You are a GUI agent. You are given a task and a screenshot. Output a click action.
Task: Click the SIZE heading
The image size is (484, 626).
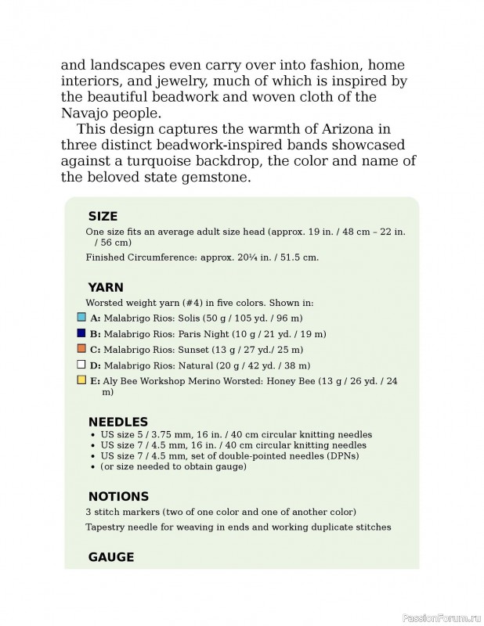click(103, 217)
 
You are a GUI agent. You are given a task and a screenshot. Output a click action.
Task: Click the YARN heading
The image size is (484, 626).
click(106, 287)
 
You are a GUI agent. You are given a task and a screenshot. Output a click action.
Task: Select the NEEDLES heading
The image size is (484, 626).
click(117, 422)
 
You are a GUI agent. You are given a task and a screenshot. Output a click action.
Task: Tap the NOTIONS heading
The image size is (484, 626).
click(118, 496)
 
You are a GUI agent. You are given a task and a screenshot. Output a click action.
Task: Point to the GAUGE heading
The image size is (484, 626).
click(111, 557)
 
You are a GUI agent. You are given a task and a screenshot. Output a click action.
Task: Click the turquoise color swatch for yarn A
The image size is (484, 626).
click(81, 318)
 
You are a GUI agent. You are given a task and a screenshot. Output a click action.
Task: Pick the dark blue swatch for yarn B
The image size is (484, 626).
click(81, 333)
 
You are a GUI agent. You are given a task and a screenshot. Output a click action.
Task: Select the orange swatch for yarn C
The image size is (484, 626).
click(81, 349)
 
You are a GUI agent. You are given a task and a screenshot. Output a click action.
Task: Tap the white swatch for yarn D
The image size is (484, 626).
click(81, 365)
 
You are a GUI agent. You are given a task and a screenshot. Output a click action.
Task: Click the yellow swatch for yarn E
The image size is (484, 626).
click(81, 380)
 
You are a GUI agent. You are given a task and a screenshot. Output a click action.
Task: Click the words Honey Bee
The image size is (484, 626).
click(292, 381)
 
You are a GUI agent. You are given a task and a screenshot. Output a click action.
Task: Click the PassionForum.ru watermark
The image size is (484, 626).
click(439, 617)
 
